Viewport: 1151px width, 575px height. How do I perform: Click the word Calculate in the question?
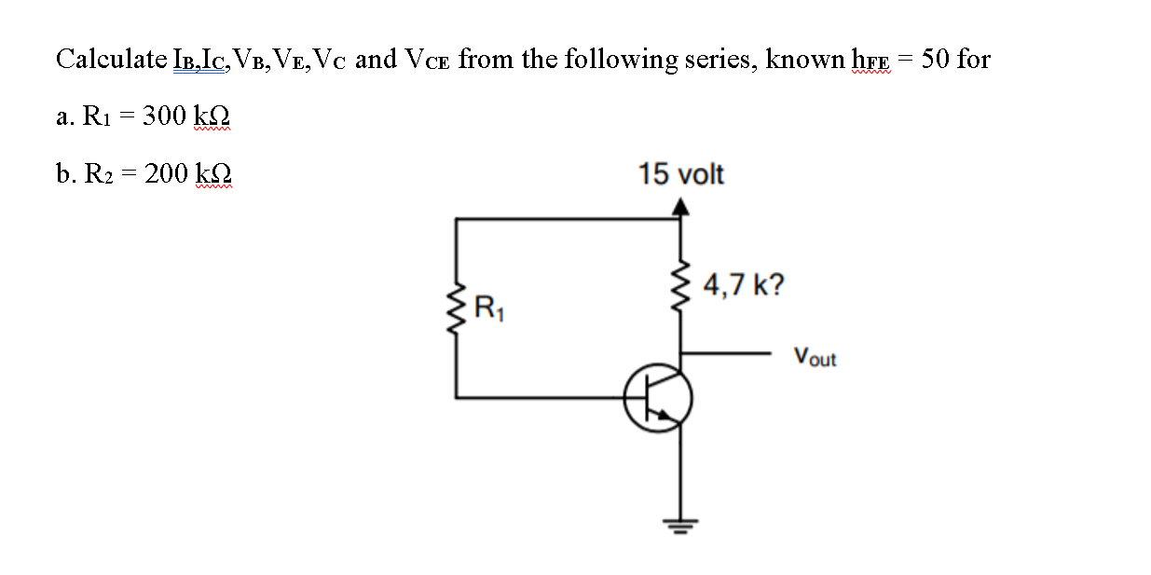[x=111, y=60]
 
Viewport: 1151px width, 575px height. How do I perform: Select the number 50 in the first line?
[x=936, y=60]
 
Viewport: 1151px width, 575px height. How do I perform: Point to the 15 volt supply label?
[x=680, y=174]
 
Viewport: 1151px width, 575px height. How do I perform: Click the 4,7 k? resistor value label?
[x=743, y=283]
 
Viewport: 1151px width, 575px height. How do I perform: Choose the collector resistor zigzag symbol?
[x=681, y=286]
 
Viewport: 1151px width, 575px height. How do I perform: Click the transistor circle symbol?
[x=658, y=398]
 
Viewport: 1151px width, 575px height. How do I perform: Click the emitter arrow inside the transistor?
[x=668, y=416]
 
